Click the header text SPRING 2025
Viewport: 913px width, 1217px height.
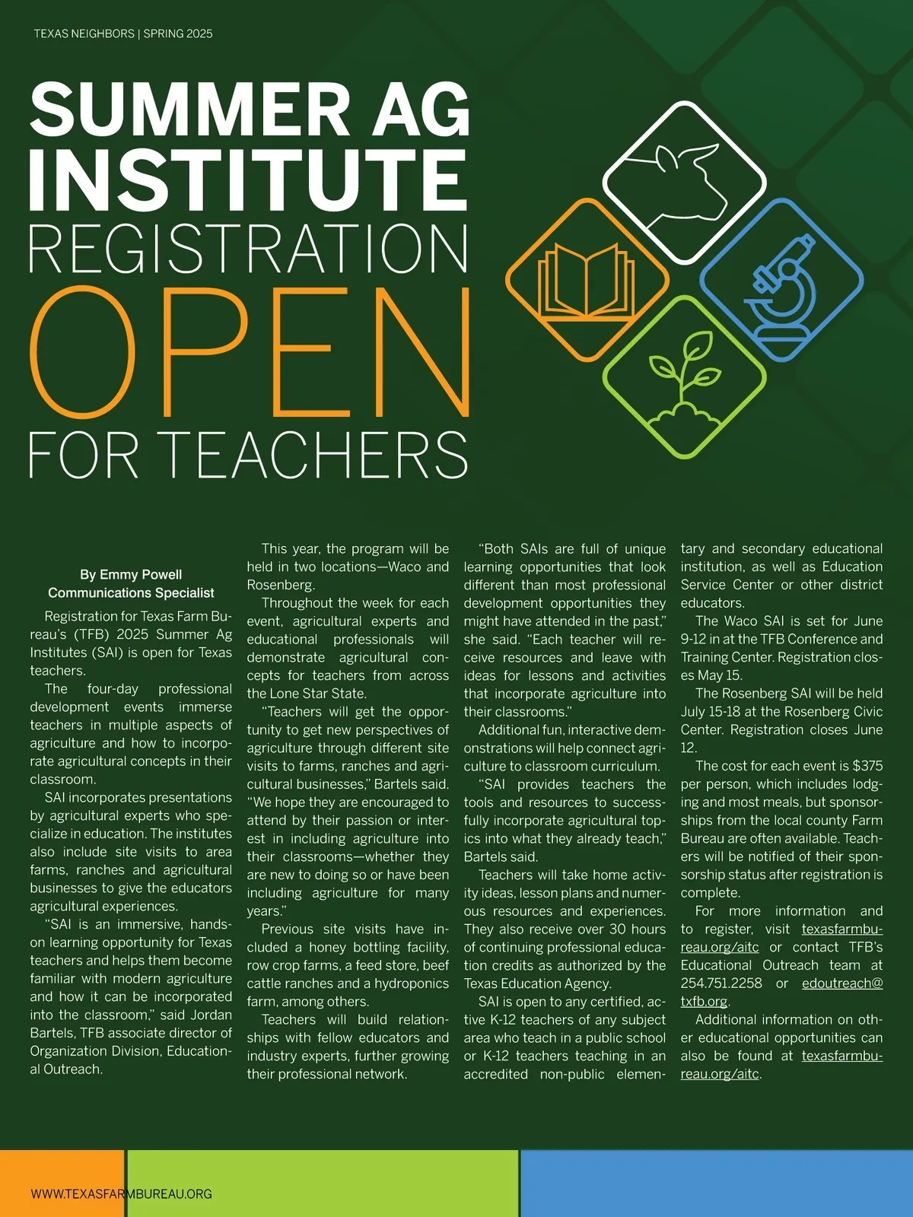pyautogui.click(x=178, y=33)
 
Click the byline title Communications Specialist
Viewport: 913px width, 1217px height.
pyautogui.click(x=131, y=593)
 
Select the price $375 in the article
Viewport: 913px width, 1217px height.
pyautogui.click(x=867, y=766)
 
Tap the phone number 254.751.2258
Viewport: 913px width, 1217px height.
pyautogui.click(x=721, y=983)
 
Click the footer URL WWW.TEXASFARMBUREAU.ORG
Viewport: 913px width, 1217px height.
pyautogui.click(x=121, y=1193)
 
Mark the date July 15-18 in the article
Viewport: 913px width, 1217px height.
pyautogui.click(x=720, y=711)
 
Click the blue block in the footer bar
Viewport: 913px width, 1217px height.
pyautogui.click(x=716, y=1183)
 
